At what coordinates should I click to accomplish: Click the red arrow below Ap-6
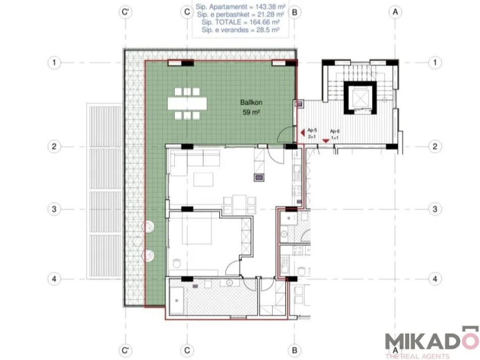pos(326,141)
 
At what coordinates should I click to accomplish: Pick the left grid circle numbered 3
pos(54,209)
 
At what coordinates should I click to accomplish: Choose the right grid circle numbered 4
pos(435,278)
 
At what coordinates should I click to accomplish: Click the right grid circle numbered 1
pos(435,63)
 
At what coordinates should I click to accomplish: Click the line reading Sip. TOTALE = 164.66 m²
pos(241,23)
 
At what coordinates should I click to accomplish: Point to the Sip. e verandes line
pos(241,30)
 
